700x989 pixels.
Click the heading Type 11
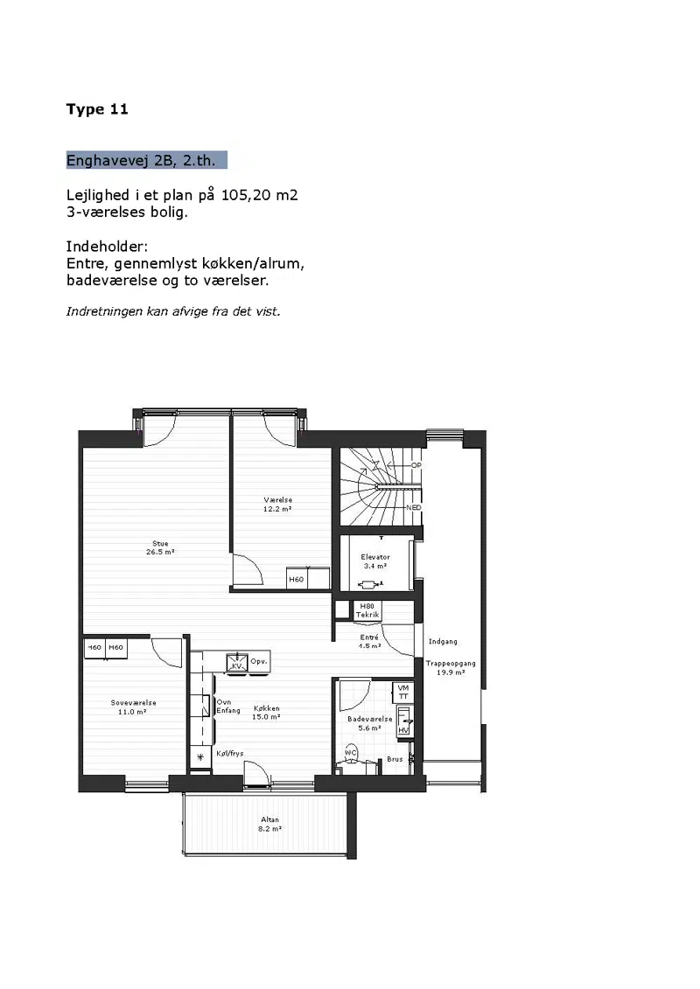coord(97,109)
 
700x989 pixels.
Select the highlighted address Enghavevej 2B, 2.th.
coord(146,160)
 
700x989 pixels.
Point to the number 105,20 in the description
coord(246,195)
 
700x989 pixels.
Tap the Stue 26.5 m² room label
coord(160,547)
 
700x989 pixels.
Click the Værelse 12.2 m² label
coord(277,505)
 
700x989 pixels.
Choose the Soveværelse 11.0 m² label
coord(133,707)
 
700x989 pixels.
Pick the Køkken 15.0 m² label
coord(266,713)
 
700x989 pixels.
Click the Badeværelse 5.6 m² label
coord(370,723)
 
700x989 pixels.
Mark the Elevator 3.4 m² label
coord(375,561)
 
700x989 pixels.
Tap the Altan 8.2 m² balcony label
coord(269,825)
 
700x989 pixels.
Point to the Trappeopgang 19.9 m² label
coord(451,668)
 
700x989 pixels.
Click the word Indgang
coord(443,642)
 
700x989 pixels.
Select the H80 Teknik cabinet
coord(367,609)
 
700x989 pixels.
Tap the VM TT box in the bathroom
coord(403,692)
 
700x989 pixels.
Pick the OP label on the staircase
coord(416,465)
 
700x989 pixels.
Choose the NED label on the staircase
coord(414,507)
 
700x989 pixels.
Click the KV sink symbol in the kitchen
coord(237,663)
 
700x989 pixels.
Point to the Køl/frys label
coord(230,753)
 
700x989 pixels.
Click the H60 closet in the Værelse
coord(296,579)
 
